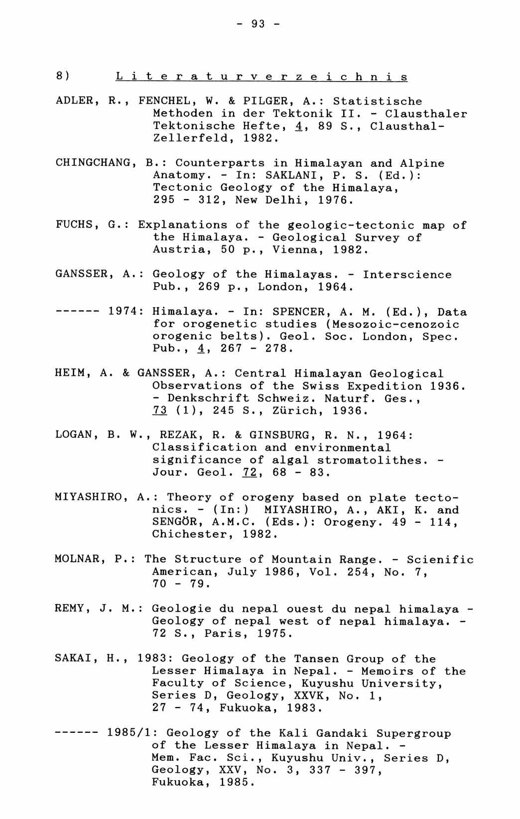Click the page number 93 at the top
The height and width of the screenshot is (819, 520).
[259, 23]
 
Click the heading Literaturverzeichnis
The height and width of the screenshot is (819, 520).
[261, 77]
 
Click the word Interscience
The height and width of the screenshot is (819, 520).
[407, 274]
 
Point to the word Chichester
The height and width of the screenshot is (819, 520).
[190, 534]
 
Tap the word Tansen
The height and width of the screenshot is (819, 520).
[316, 659]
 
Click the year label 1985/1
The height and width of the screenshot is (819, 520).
[130, 733]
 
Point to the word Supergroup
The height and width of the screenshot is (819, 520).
[413, 733]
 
